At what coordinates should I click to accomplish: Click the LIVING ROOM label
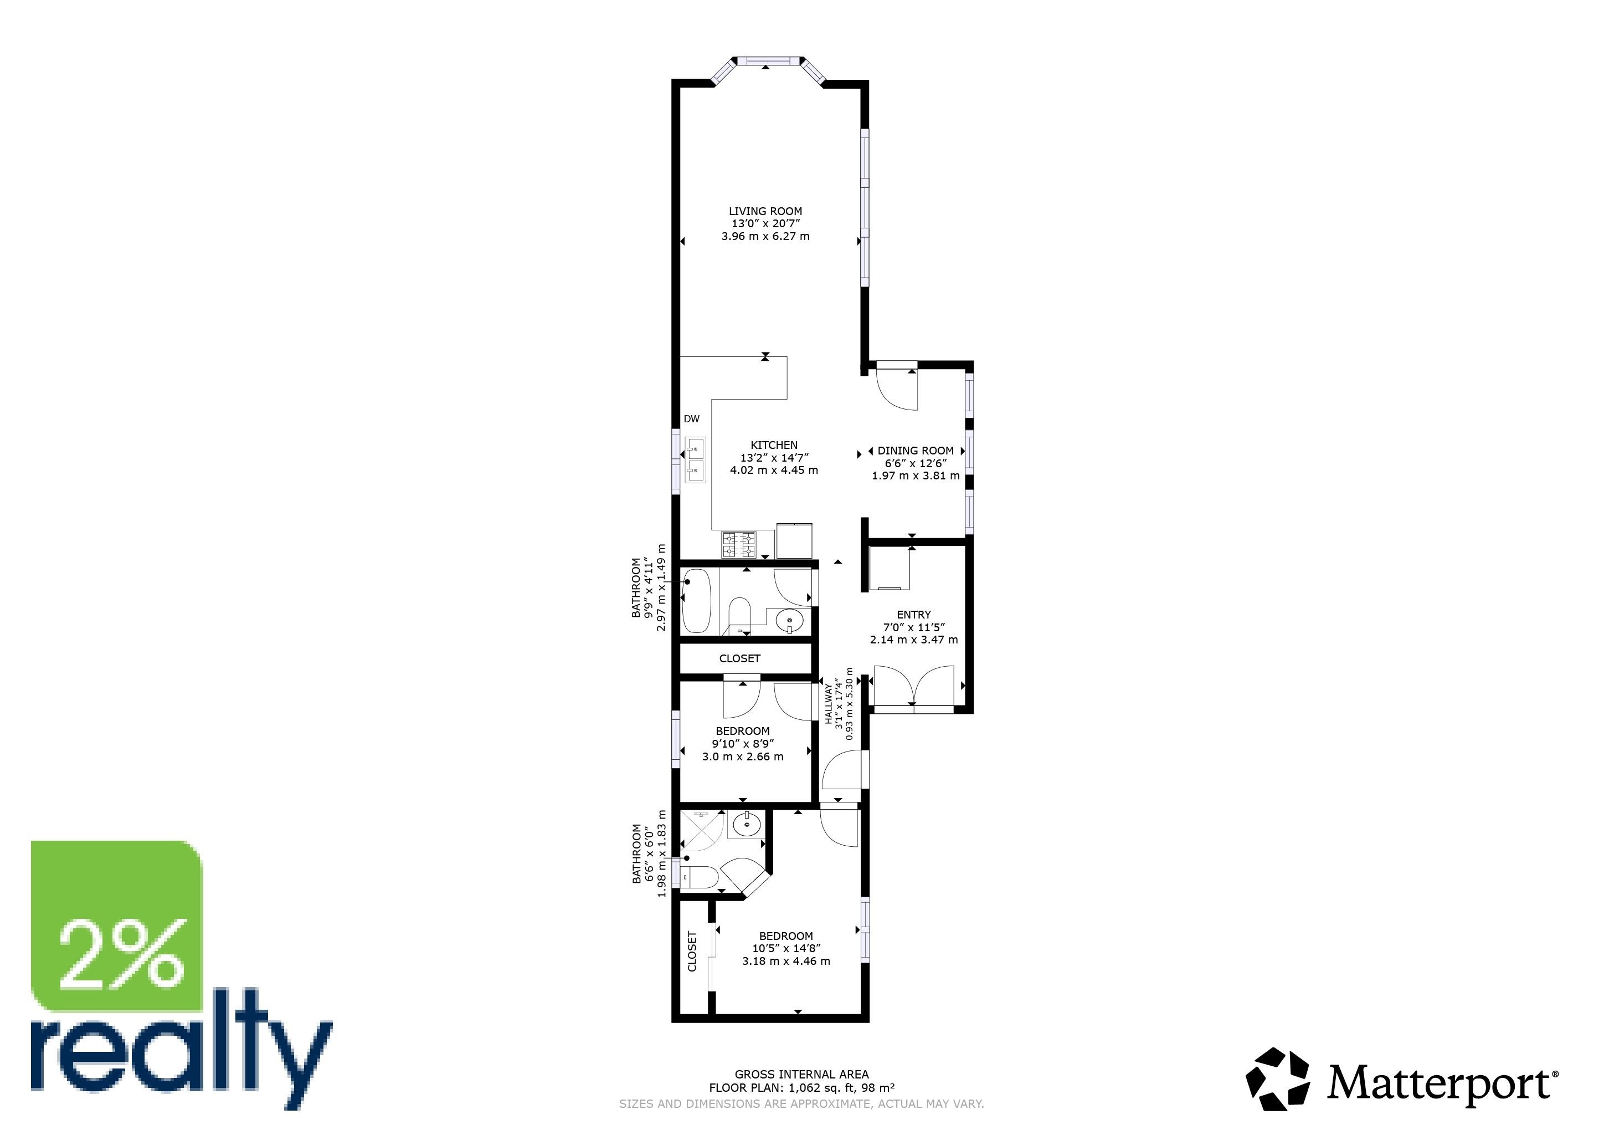pyautogui.click(x=765, y=211)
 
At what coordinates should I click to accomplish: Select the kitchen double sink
pyautogui.click(x=695, y=460)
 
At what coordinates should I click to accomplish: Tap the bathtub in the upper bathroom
pyautogui.click(x=697, y=601)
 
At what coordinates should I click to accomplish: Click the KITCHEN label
pyautogui.click(x=774, y=445)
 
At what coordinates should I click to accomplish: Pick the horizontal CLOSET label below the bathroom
pyautogui.click(x=740, y=658)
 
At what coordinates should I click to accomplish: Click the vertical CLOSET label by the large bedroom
pyautogui.click(x=692, y=951)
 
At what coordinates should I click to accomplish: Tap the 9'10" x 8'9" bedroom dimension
pyautogui.click(x=743, y=744)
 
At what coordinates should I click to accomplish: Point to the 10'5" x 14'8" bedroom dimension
pyautogui.click(x=786, y=948)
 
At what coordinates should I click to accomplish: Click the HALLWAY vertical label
pyautogui.click(x=829, y=704)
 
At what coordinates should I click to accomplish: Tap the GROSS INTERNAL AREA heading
pyautogui.click(x=801, y=1074)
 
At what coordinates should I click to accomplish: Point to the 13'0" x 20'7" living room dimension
pyautogui.click(x=765, y=224)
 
